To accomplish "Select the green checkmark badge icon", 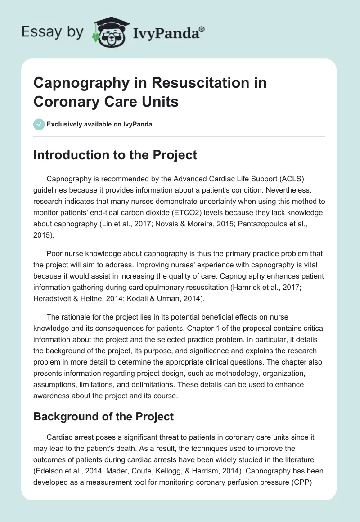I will pyautogui.click(x=39, y=124).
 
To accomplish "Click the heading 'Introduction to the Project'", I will pyautogui.click(x=115, y=155).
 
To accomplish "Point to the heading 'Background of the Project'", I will pyautogui.click(x=103, y=417).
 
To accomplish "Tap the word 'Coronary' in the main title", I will pyautogui.click(x=61, y=102).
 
